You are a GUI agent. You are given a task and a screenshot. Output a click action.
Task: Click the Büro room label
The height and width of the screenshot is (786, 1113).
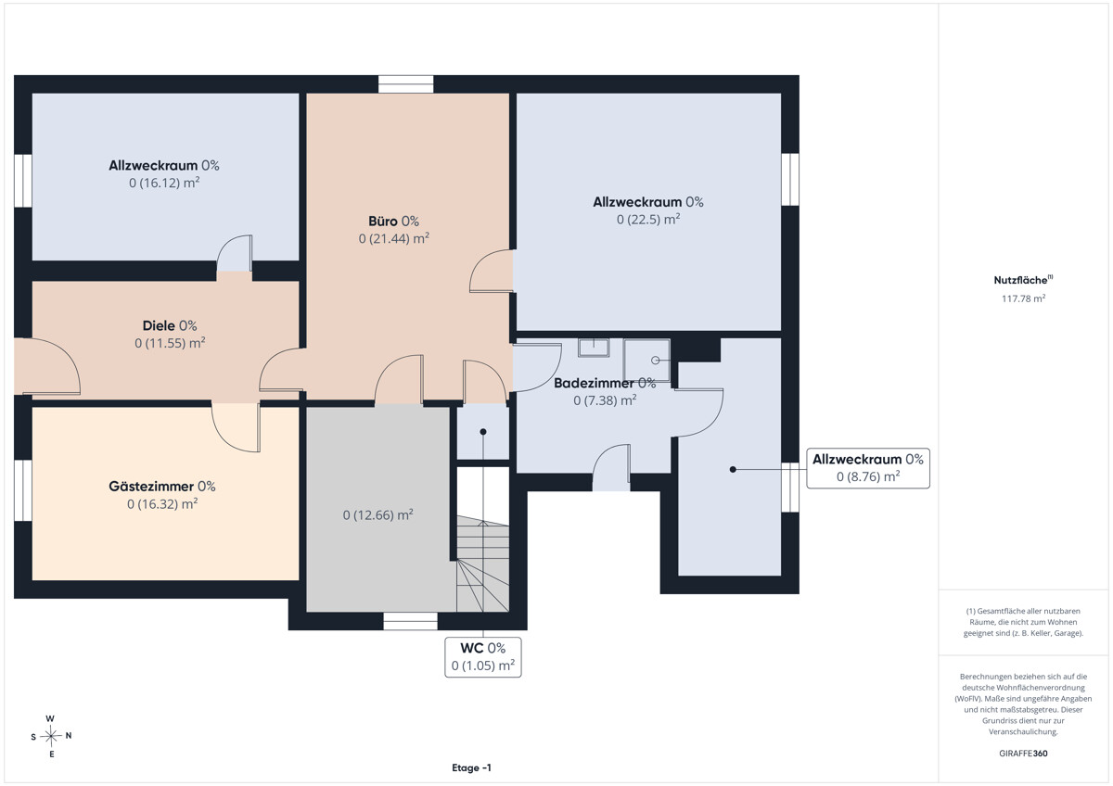click(x=393, y=221)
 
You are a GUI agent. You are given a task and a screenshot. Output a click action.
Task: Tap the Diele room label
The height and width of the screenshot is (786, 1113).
click(x=170, y=325)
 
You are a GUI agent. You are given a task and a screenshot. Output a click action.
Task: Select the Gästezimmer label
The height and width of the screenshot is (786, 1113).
click(x=162, y=486)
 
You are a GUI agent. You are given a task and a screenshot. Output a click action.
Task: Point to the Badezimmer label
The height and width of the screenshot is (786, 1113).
click(x=605, y=383)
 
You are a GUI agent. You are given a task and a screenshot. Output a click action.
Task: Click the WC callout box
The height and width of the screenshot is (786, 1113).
click(x=483, y=657)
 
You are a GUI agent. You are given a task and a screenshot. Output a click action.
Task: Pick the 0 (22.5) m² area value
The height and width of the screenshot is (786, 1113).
click(x=648, y=219)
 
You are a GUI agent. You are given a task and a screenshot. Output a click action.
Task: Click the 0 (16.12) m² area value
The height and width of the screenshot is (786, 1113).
click(x=164, y=183)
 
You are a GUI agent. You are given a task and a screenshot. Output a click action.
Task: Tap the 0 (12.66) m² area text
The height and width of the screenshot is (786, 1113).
click(x=377, y=515)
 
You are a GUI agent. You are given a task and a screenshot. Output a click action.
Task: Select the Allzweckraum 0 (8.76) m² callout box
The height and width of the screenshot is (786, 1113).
click(x=867, y=468)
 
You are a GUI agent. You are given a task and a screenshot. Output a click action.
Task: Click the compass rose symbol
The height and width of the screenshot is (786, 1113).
click(x=51, y=736)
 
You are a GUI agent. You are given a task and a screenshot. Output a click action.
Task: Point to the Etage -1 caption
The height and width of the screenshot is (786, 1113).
click(x=471, y=767)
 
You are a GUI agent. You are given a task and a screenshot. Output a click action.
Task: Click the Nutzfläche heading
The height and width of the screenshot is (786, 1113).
click(x=1023, y=280)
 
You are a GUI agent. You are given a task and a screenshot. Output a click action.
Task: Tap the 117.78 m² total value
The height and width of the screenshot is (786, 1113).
click(x=1023, y=298)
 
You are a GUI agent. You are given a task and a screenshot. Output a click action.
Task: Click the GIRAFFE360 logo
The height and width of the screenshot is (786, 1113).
click(x=1023, y=754)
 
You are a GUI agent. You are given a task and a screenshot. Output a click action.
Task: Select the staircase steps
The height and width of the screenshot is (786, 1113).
click(x=483, y=564)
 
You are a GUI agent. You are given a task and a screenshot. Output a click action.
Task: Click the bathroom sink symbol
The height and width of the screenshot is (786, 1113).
click(x=594, y=348)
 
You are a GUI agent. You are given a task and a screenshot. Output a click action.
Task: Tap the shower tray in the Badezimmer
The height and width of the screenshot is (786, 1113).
click(x=646, y=361)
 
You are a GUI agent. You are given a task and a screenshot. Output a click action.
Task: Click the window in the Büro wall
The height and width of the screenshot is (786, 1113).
click(x=405, y=84)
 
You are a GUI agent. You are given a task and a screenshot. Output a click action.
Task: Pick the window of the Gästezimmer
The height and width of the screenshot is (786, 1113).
click(x=23, y=490)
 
